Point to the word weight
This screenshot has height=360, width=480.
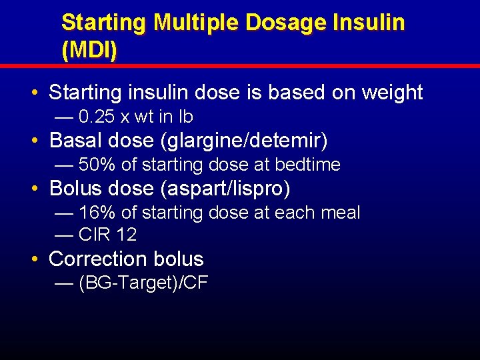click(x=392, y=93)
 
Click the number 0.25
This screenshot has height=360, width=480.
click(x=97, y=117)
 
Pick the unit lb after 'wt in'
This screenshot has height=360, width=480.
click(x=185, y=117)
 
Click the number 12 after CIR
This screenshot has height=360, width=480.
click(x=126, y=235)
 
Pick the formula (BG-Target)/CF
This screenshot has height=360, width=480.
click(x=143, y=283)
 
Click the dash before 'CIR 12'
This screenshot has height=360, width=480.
click(x=64, y=235)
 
